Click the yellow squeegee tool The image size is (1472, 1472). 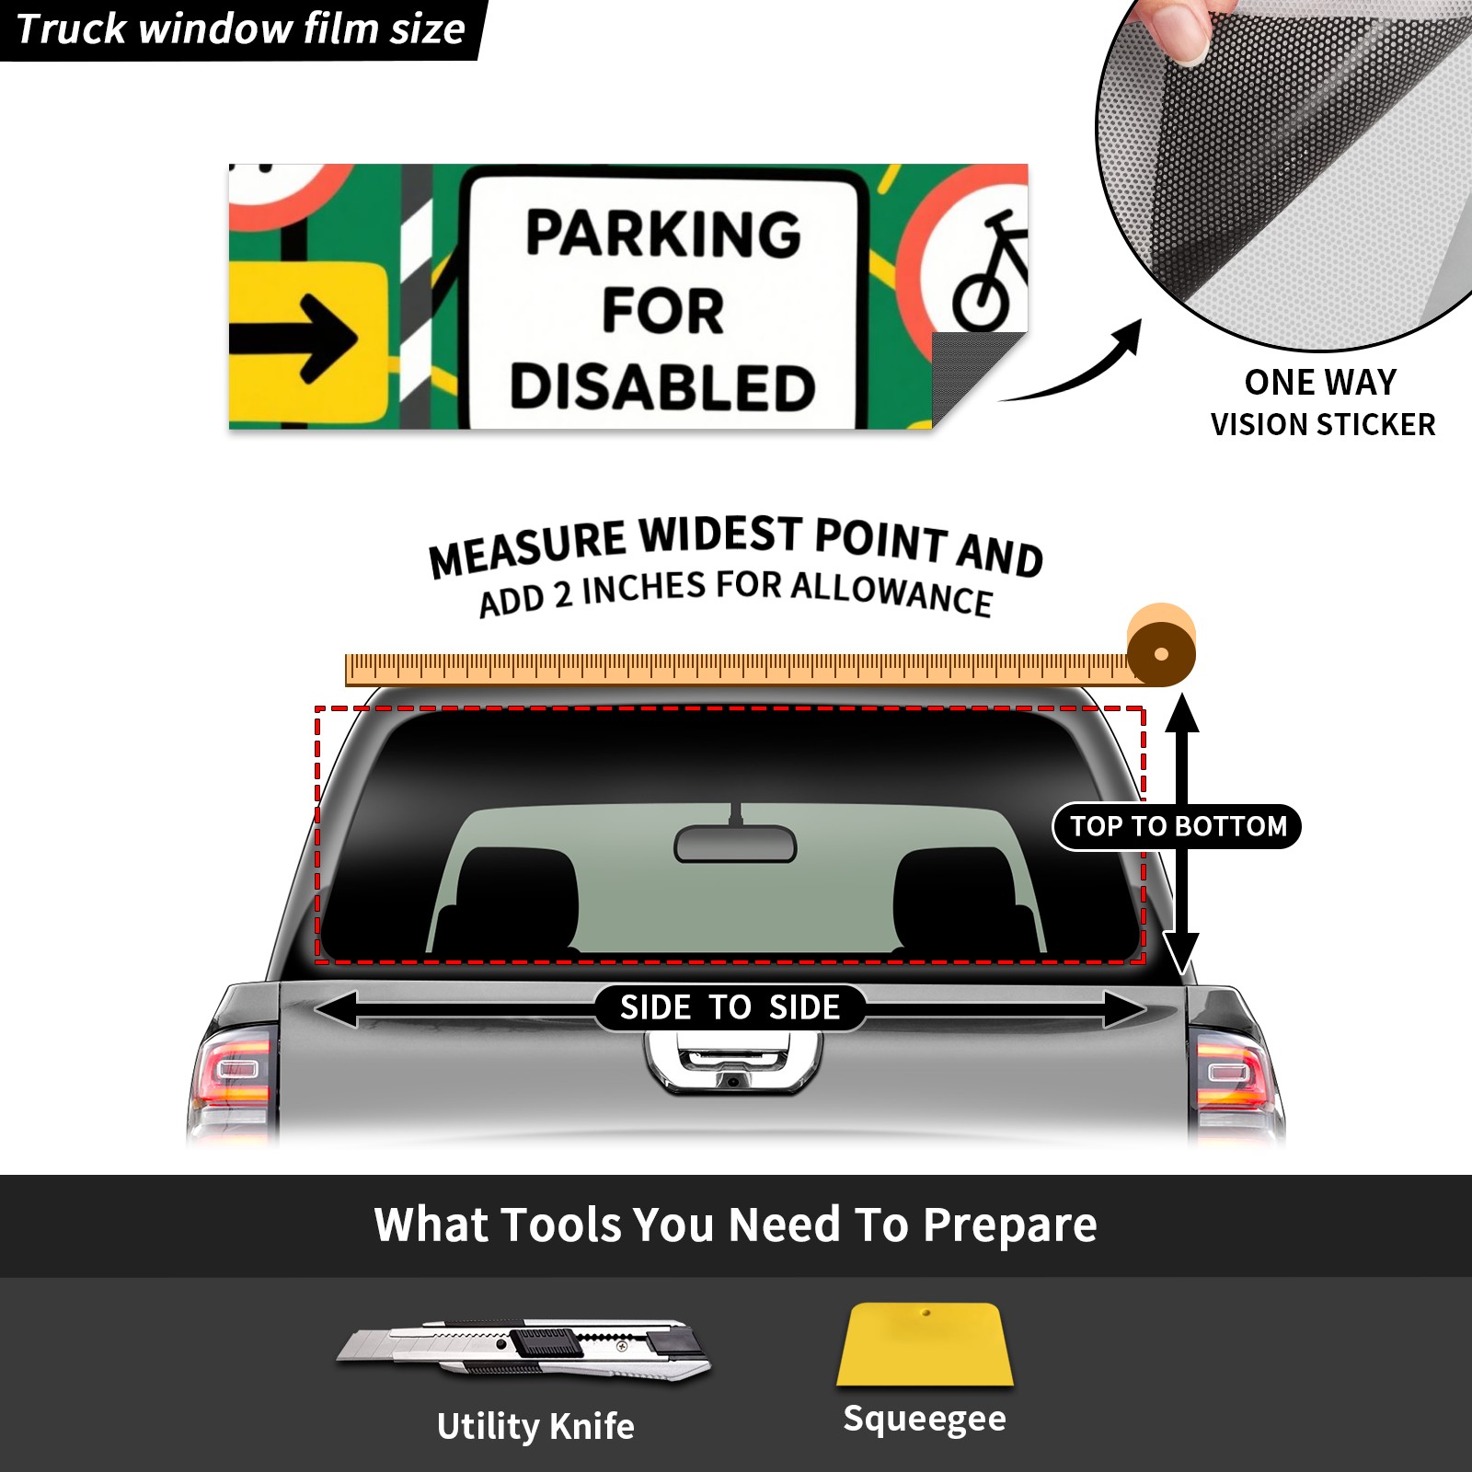click(x=925, y=1344)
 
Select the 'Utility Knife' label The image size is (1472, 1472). click(x=535, y=1426)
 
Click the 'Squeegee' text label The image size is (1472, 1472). click(x=925, y=1420)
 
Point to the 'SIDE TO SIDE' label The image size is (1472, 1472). click(x=730, y=1007)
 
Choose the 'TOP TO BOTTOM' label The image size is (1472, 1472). click(x=1178, y=826)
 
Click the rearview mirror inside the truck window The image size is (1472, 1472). click(x=735, y=843)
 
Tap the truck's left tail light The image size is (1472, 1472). click(x=234, y=1078)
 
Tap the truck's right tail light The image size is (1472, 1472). click(x=1235, y=1078)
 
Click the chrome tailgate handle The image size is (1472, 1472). click(x=732, y=1063)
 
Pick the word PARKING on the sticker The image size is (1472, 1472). click(x=663, y=233)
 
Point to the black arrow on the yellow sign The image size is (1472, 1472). click(x=293, y=339)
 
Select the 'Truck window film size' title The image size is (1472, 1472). click(x=240, y=29)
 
